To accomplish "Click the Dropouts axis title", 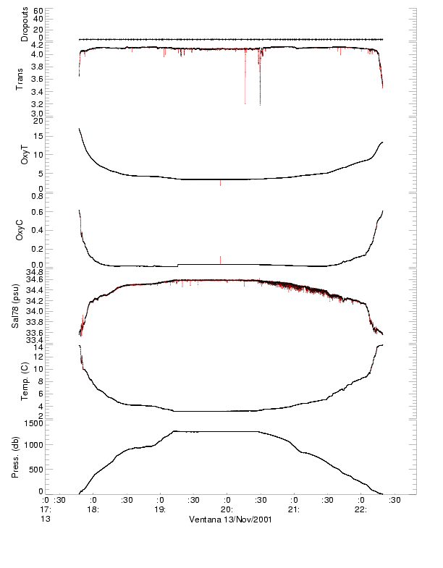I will point(25,24).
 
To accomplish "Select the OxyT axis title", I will point(25,154).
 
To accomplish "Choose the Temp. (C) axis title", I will point(25,381).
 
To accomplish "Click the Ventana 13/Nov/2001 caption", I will point(230,520).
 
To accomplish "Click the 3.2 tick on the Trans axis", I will point(35,103).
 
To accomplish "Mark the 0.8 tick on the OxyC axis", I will point(37,195).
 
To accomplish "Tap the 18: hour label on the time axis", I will point(93,509).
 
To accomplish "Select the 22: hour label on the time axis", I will point(360,509).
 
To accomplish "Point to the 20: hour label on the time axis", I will point(227,509).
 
